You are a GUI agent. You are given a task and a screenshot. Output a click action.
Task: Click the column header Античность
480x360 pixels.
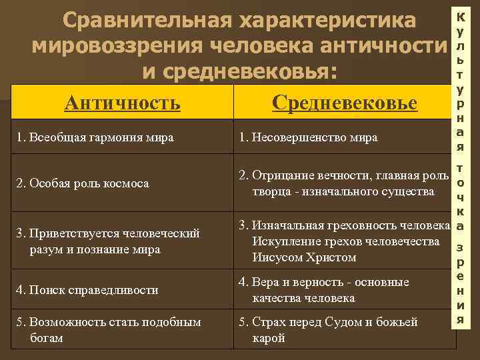122,103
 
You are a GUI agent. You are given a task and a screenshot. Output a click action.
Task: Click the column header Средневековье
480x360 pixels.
345,103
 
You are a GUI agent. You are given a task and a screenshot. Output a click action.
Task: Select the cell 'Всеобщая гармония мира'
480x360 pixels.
97,138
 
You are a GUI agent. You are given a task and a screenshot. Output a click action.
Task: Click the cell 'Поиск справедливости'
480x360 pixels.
89,290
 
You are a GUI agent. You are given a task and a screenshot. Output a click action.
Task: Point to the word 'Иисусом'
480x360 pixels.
280,257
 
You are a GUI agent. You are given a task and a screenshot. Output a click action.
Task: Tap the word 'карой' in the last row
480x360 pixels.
269,338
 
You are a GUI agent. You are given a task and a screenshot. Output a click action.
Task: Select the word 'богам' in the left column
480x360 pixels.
47,338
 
